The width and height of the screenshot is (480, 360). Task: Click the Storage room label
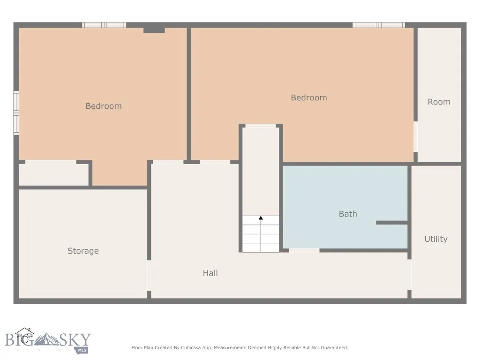[83, 251]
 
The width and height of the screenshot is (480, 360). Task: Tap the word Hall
[210, 273]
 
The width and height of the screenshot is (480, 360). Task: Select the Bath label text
[348, 214]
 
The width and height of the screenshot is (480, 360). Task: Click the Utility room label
[435, 239]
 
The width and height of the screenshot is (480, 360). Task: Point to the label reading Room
[439, 102]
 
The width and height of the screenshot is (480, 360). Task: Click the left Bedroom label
[104, 106]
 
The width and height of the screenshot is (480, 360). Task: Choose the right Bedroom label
[308, 97]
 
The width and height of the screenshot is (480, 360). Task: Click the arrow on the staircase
[261, 218]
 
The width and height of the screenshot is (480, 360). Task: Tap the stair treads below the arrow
[261, 239]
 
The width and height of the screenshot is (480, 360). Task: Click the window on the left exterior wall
[16, 113]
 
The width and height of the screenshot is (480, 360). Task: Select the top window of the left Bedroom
[104, 25]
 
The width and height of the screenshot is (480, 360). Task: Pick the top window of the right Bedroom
[378, 25]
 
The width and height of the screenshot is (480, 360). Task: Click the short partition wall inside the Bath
[391, 223]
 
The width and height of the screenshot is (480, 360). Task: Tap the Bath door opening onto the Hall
[304, 251]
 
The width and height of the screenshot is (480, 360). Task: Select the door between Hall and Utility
[409, 275]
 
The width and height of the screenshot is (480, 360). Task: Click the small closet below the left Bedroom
[53, 174]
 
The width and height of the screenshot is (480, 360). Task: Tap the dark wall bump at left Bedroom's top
[154, 30]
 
